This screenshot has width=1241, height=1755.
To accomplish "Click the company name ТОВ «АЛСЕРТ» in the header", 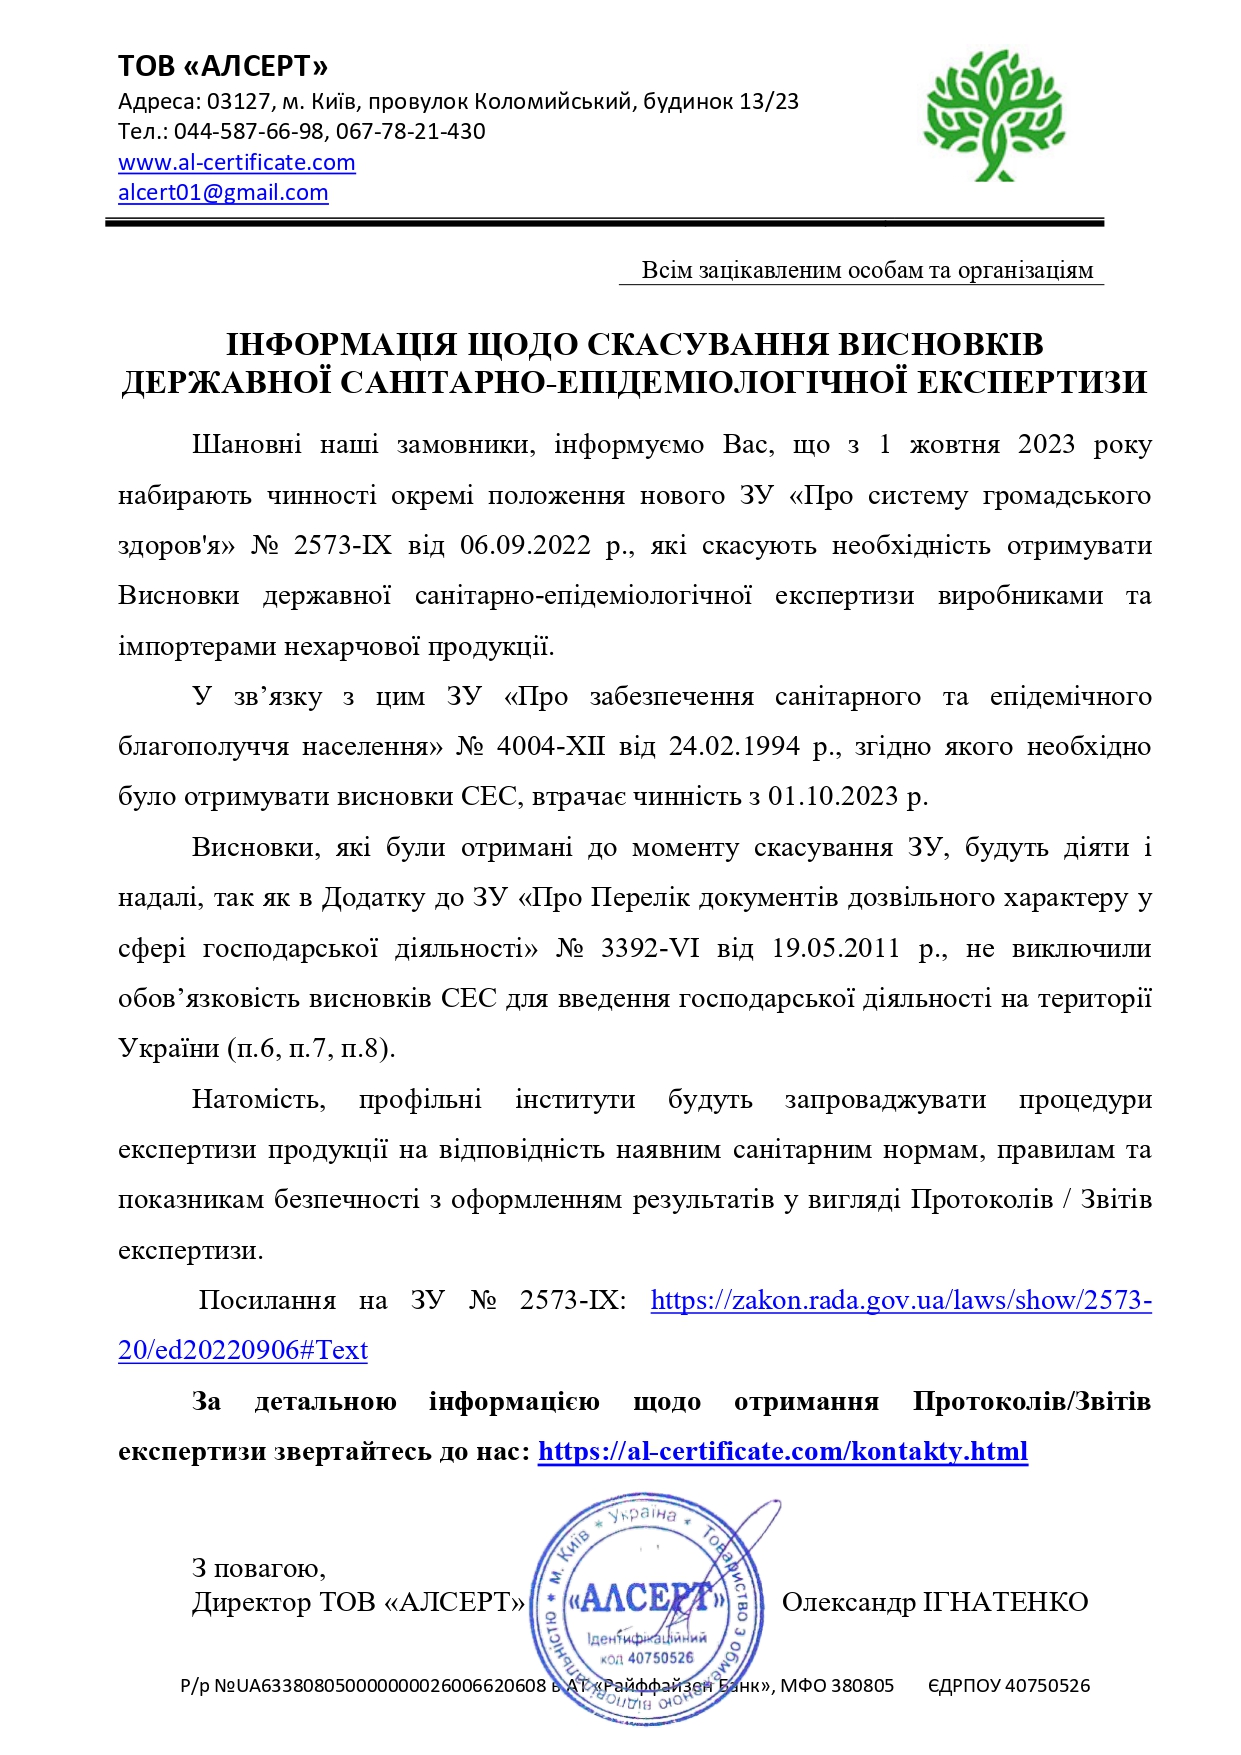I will (x=223, y=66).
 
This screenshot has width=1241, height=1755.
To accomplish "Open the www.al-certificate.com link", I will (x=237, y=162).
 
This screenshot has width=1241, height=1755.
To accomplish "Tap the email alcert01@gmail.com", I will (x=223, y=192).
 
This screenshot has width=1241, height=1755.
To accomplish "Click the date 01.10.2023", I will (x=833, y=797).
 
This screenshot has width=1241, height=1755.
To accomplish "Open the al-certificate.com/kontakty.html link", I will (x=783, y=1451).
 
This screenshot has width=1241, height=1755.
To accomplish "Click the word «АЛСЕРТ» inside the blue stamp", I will (x=647, y=1598).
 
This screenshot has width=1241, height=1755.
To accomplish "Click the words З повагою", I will (x=258, y=1568).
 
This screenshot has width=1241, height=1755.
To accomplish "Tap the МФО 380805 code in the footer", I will (x=837, y=1685).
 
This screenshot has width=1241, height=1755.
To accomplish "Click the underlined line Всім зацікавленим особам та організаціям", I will (x=867, y=270).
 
